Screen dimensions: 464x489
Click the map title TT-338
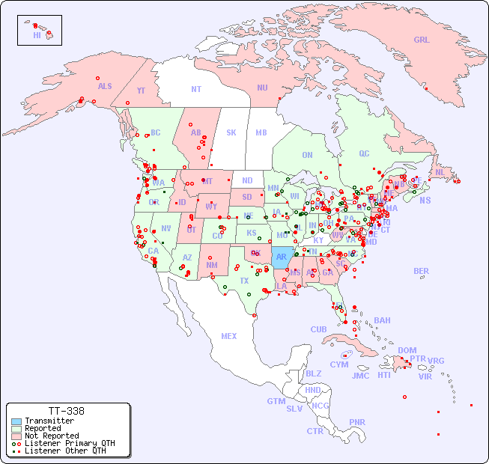click(66, 411)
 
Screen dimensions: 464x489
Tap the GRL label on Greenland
click(422, 40)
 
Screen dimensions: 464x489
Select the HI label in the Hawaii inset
click(37, 35)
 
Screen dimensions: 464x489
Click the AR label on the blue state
click(282, 257)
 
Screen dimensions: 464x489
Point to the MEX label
click(229, 336)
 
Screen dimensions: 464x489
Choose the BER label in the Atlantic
click(422, 271)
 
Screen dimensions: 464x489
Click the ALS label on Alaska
click(105, 86)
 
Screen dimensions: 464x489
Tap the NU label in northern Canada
click(262, 88)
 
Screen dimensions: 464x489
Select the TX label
click(244, 281)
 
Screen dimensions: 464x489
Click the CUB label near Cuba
click(318, 329)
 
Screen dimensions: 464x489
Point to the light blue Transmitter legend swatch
click(16, 421)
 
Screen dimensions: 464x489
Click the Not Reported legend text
click(52, 436)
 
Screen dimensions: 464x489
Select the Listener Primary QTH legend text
click(70, 443)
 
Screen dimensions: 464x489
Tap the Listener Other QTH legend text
click(65, 451)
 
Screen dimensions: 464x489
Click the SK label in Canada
click(231, 132)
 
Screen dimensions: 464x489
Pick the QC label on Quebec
click(364, 153)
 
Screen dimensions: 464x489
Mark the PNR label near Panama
click(357, 422)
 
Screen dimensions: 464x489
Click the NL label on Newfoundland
click(440, 172)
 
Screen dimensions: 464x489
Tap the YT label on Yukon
click(141, 91)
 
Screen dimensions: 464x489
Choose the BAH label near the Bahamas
click(382, 320)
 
